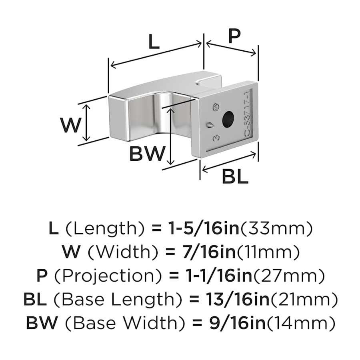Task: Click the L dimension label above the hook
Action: click(x=154, y=42)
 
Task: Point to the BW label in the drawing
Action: click(x=147, y=154)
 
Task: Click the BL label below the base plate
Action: click(x=235, y=176)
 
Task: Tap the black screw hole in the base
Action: click(x=228, y=118)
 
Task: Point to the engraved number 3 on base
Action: click(x=216, y=138)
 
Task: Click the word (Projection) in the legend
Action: click(x=107, y=276)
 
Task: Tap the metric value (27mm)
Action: click(x=288, y=276)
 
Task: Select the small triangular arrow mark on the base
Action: click(x=210, y=124)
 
